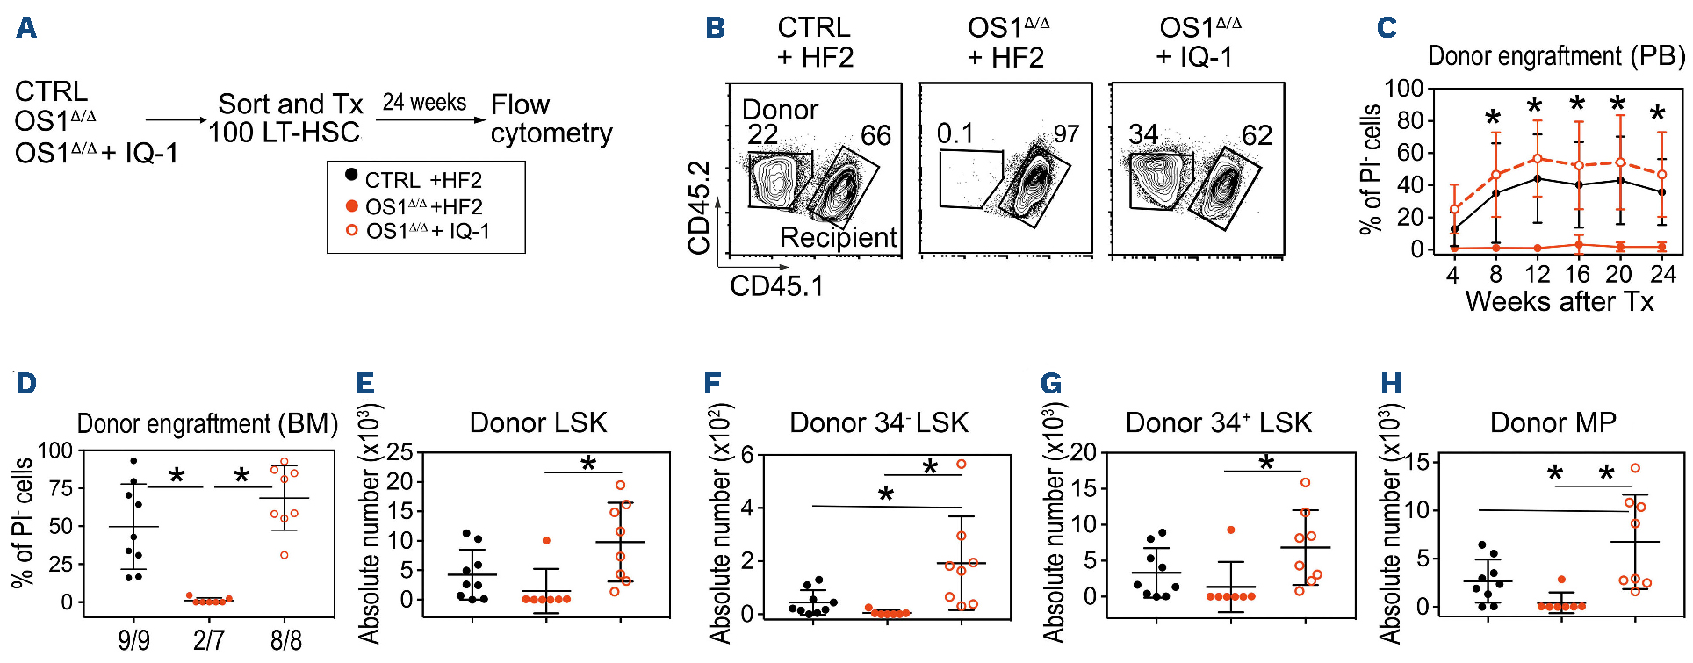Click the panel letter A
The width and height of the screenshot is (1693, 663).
[26, 28]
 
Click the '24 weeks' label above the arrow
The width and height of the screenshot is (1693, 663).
[424, 103]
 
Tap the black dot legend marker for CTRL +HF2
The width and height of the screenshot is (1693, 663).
[351, 176]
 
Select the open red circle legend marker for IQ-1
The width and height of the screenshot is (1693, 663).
[351, 230]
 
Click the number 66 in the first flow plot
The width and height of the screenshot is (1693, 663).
[875, 135]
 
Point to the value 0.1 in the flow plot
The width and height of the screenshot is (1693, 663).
[955, 133]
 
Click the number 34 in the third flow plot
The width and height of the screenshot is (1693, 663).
[1143, 134]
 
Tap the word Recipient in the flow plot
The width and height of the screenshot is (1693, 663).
[838, 237]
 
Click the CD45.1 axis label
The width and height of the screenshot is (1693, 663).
[776, 285]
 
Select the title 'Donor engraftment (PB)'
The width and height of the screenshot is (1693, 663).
[1556, 56]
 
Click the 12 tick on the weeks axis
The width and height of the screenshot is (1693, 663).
[1537, 274]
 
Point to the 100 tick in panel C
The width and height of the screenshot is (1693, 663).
[1403, 89]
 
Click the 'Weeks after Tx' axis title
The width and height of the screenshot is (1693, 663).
[1559, 302]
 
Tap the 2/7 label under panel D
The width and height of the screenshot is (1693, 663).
[208, 640]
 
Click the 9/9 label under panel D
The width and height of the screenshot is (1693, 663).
[133, 640]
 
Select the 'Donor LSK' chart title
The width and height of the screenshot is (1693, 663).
[538, 422]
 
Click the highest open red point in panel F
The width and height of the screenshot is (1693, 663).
[962, 464]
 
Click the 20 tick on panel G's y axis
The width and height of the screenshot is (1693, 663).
[1083, 452]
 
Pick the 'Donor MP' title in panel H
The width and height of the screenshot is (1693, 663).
[1553, 422]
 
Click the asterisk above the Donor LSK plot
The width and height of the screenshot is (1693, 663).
[588, 463]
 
